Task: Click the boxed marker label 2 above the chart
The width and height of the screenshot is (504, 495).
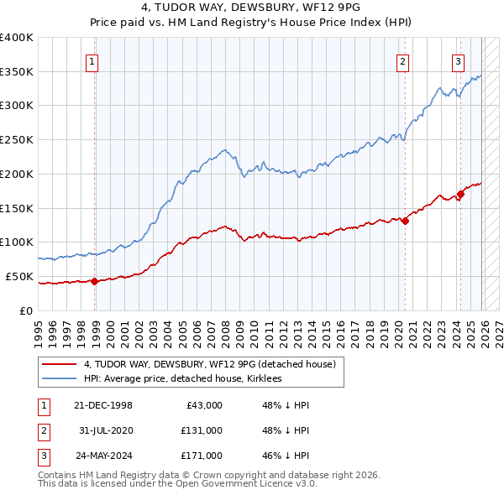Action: click(x=403, y=60)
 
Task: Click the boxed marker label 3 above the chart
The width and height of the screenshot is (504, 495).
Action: click(x=459, y=60)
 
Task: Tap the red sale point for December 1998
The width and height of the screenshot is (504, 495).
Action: click(x=94, y=281)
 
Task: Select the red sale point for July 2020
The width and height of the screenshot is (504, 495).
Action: click(x=405, y=221)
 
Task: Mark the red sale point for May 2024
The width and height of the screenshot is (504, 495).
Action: click(x=460, y=194)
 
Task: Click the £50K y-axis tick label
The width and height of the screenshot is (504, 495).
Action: click(x=19, y=276)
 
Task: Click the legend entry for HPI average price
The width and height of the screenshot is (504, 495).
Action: click(x=182, y=379)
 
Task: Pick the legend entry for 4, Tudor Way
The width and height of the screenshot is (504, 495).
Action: click(x=209, y=364)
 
